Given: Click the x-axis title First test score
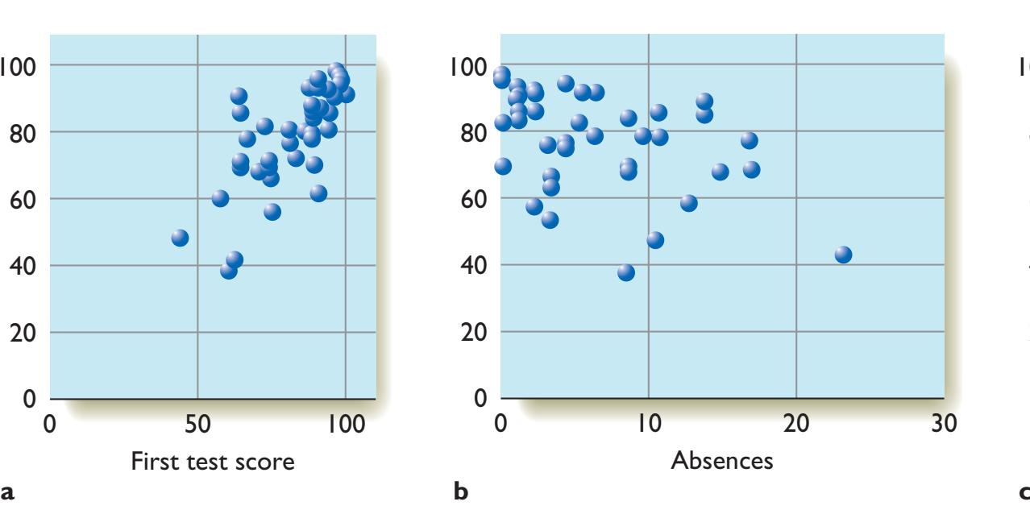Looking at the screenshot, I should [213, 462].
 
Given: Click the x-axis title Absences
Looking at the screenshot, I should [722, 462].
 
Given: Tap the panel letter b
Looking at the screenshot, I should [460, 491].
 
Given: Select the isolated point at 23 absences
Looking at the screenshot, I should [843, 255].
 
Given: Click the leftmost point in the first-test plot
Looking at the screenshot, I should [180, 238].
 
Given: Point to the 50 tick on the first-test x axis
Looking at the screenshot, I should [198, 423].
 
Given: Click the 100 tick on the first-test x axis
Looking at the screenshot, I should [346, 423].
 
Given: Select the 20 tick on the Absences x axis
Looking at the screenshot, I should [796, 423].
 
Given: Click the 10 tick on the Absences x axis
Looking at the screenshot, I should [648, 423].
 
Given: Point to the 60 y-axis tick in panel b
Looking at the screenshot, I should [468, 198].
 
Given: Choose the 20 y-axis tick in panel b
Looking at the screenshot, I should [468, 332].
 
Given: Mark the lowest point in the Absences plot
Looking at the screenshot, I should [626, 272].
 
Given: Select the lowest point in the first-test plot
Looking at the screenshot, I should [228, 271].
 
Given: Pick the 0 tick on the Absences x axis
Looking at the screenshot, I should [500, 423].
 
